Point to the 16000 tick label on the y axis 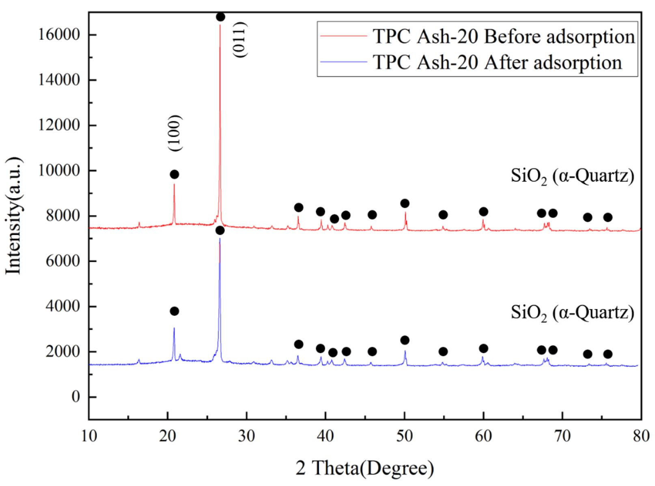[59, 35]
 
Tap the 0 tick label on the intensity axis [76, 397]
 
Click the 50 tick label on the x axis [404, 436]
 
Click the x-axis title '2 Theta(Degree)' [364, 468]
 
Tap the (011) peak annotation [239, 39]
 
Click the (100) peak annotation [175, 133]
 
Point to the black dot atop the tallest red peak [220, 17]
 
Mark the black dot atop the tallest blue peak [220, 231]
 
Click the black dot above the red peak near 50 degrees [405, 203]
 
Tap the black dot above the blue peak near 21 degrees [175, 311]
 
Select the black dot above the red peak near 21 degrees [175, 175]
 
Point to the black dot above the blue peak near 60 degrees [483, 348]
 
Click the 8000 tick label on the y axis [63, 216]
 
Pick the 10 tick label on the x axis [89, 436]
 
